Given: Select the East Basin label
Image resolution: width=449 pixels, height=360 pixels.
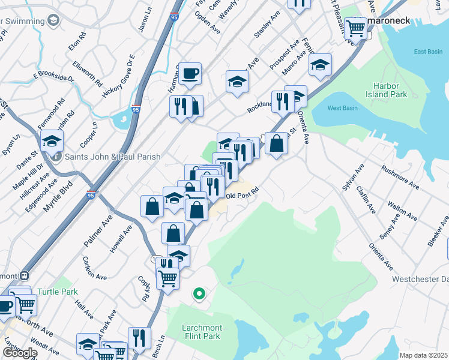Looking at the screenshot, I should (x=428, y=52).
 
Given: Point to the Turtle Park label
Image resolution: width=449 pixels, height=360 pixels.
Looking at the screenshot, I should (x=58, y=292).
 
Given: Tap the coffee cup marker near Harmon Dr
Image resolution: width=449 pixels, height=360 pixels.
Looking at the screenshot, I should (x=190, y=74).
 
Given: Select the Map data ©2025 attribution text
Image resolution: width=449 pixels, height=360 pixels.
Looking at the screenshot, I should (x=423, y=355).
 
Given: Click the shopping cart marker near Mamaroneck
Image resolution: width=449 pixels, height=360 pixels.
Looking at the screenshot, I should (x=356, y=28).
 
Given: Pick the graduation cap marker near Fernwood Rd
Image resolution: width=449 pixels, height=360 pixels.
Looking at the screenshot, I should (x=52, y=142).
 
